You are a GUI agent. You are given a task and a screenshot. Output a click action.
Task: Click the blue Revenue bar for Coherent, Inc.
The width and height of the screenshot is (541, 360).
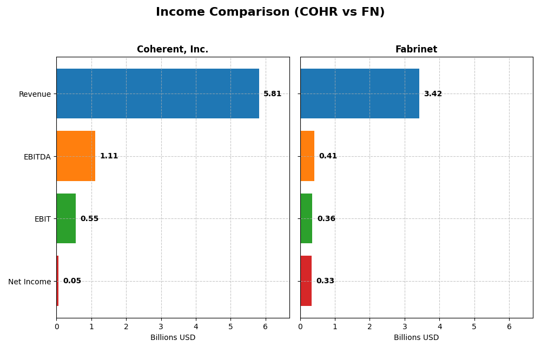[157, 94]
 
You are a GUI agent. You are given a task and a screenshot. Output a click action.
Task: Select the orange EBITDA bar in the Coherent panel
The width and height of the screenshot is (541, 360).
[76, 156]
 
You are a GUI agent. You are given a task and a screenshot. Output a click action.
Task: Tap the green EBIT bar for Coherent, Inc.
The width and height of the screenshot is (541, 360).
[66, 218]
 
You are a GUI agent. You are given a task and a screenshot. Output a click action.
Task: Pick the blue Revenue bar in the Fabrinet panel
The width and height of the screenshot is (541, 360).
[360, 94]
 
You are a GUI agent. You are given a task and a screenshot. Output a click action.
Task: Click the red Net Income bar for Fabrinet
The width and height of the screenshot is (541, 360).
[306, 281]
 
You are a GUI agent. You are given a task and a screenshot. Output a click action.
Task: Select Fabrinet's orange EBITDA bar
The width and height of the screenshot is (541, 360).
[307, 156]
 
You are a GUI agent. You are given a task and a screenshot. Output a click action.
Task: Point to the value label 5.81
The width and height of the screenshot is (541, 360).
[272, 94]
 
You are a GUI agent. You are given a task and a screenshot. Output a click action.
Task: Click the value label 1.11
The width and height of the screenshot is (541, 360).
[109, 156]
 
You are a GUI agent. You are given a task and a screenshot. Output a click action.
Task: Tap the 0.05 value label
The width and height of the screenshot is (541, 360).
[72, 281]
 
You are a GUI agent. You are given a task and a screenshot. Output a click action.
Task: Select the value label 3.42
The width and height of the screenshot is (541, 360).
[433, 94]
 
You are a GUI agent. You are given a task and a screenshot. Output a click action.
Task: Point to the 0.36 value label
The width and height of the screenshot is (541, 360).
[326, 219]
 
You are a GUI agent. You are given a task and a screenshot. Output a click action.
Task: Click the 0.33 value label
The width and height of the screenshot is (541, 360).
[325, 281]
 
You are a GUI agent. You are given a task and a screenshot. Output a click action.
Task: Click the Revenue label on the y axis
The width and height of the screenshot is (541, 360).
[35, 95]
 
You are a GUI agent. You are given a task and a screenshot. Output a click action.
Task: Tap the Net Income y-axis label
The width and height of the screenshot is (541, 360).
[29, 282]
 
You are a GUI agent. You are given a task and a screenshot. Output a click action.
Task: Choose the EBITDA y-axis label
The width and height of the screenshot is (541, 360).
[37, 157]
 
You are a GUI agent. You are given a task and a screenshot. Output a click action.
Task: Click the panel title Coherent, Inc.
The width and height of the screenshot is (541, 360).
[173, 50]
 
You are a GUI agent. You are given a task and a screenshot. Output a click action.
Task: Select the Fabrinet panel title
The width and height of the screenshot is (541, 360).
[416, 50]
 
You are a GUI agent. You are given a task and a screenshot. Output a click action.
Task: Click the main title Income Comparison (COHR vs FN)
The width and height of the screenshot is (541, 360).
[270, 12]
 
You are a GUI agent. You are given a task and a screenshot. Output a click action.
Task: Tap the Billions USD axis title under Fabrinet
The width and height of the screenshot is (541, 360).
[416, 338]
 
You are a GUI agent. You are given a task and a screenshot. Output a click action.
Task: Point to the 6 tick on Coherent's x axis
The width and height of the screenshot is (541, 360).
[265, 326]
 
